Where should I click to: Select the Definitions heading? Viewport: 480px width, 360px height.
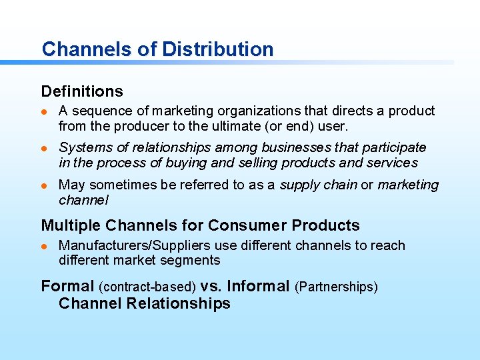(82, 91)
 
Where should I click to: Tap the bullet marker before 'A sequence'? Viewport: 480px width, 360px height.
(45, 111)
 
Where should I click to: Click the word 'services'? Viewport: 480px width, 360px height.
(392, 163)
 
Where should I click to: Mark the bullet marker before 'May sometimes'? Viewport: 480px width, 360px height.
(45, 185)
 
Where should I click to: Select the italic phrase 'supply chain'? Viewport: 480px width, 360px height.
(318, 185)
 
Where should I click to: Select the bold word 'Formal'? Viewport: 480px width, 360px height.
(67, 287)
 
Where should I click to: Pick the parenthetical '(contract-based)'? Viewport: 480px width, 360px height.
(147, 287)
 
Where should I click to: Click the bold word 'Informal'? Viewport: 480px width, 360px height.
(258, 287)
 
